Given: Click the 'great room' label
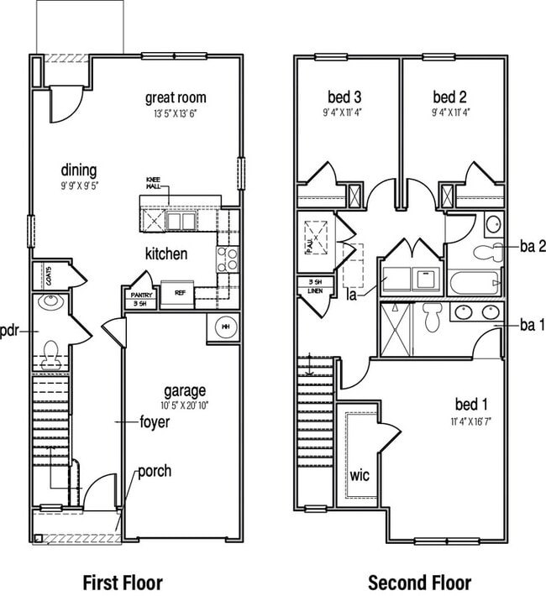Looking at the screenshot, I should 176,97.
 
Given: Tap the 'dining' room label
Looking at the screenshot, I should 78,170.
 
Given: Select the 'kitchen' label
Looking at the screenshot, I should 166,254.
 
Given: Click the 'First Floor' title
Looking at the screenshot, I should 123,581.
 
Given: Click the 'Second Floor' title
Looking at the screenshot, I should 420,581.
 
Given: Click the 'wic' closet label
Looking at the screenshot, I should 360,475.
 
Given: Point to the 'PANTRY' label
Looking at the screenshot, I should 140,295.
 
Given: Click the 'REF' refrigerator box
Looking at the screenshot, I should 179,294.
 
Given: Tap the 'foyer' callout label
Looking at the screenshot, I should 154,421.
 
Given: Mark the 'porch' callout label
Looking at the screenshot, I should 155,470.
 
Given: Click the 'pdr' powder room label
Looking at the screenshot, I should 10,329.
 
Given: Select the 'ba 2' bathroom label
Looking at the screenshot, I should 533,246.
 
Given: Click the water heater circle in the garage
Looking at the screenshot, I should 224,327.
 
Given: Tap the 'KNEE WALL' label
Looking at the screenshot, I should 153,184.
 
